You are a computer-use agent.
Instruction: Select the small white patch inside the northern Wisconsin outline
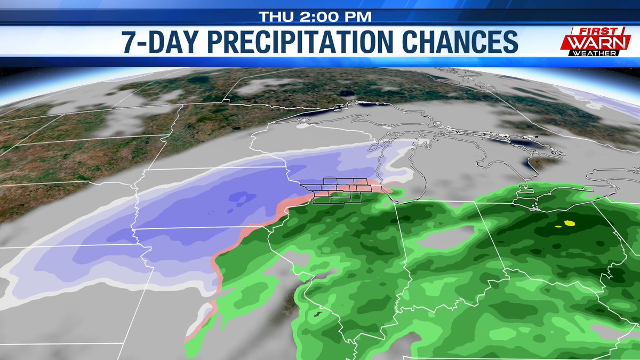pyautogui.click(x=305, y=127)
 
